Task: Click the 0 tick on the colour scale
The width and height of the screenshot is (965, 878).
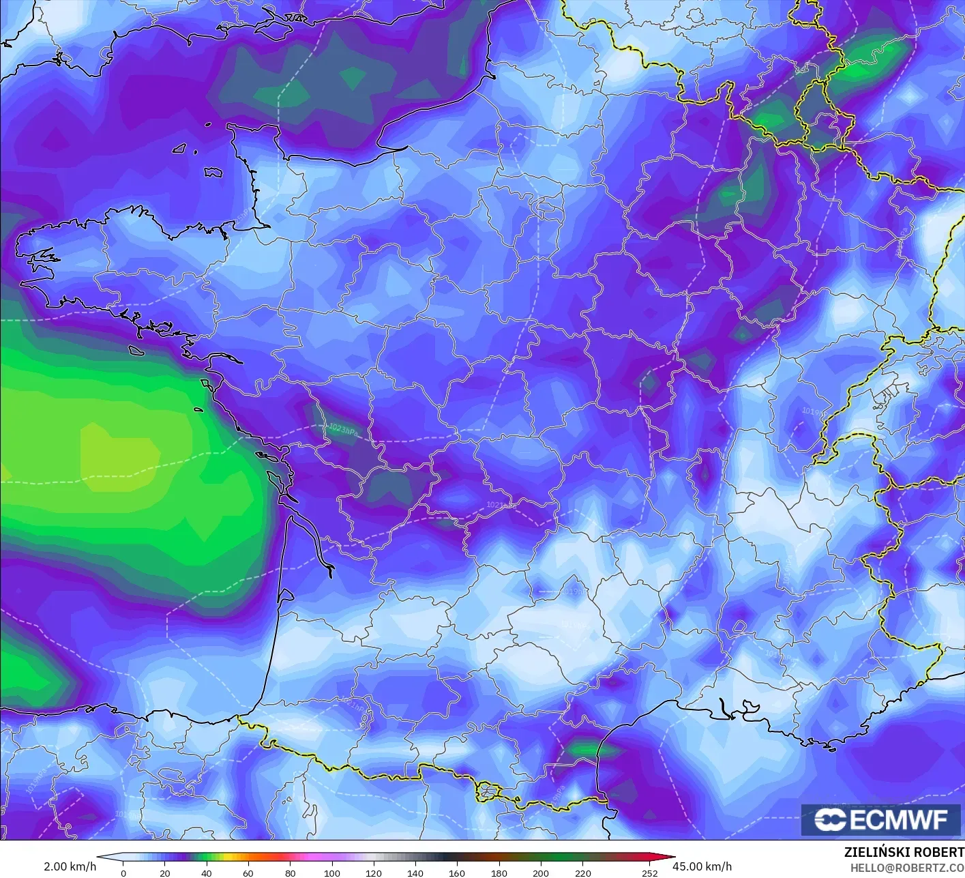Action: (123, 873)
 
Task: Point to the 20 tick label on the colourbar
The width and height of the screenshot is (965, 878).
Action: (164, 873)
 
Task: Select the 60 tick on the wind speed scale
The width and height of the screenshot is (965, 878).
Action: (248, 873)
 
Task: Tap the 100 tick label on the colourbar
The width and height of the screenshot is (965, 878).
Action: (332, 873)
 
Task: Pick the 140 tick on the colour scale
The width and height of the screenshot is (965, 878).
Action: (415, 873)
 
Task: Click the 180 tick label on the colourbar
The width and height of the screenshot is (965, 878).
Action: (499, 873)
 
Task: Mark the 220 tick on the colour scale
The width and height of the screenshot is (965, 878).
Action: (583, 873)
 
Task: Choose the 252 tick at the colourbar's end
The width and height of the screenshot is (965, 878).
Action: (650, 873)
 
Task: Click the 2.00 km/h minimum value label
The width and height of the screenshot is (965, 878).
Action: (70, 866)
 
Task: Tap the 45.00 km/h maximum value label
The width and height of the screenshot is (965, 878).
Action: (702, 866)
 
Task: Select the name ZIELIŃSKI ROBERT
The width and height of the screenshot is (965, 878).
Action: (904, 852)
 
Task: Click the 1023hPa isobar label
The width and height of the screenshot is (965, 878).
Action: (343, 429)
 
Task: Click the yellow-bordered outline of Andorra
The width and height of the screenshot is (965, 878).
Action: (488, 792)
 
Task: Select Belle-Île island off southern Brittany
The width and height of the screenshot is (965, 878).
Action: (136, 350)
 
